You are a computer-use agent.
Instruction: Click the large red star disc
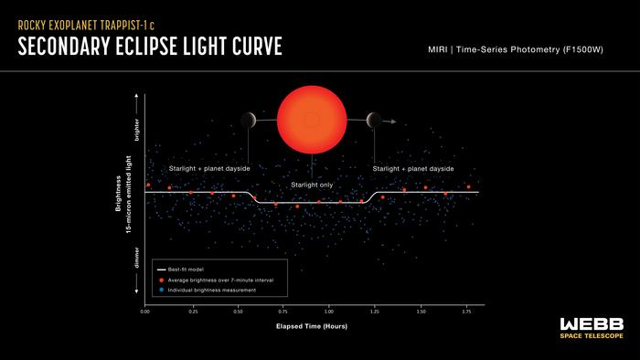tap(312, 120)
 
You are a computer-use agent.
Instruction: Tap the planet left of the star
tap(249, 120)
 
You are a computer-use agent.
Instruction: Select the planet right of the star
tap(373, 120)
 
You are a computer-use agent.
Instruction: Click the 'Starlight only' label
tap(312, 185)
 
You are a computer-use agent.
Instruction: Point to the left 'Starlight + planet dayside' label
tap(209, 169)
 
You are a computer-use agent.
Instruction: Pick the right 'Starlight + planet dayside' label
tap(413, 169)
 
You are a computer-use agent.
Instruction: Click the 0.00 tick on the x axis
tap(144, 312)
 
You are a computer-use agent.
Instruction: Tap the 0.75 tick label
tap(283, 312)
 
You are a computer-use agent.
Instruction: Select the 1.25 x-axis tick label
tap(375, 312)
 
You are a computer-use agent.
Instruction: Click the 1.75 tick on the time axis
tap(467, 312)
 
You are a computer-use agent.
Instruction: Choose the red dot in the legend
tap(160, 280)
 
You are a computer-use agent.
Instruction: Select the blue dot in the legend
tap(160, 290)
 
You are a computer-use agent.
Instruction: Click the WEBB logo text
tap(592, 324)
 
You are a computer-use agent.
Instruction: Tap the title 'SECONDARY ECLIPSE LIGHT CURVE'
tap(151, 48)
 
